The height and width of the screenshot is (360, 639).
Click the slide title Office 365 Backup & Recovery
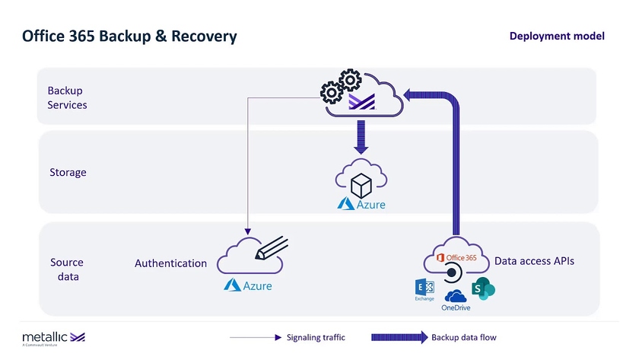click(129, 36)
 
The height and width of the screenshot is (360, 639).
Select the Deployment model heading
click(557, 36)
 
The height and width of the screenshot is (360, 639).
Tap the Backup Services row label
click(67, 97)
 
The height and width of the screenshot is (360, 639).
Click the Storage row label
click(68, 172)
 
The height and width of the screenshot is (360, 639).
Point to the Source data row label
click(67, 269)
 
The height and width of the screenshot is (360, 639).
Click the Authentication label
click(170, 263)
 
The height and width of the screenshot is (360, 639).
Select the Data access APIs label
click(534, 261)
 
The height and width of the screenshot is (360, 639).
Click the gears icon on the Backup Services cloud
click(340, 85)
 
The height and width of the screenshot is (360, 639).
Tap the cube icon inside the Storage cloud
click(361, 183)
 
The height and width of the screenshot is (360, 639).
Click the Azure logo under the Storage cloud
click(361, 204)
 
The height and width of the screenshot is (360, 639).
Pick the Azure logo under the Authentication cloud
click(247, 285)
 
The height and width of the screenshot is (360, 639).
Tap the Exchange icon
click(424, 288)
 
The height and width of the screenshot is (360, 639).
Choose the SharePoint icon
click(482, 288)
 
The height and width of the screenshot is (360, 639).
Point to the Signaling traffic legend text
click(315, 337)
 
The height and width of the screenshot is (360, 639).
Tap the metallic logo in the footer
click(53, 336)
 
